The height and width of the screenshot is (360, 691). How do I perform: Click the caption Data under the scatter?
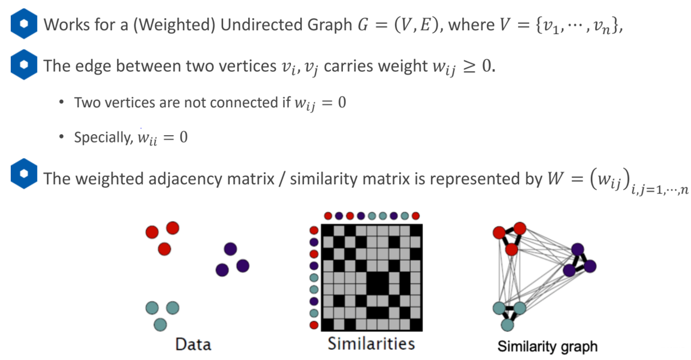pos(193,345)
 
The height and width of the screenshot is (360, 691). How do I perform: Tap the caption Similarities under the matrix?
pos(371,343)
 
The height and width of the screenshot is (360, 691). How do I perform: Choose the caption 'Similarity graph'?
pos(547,346)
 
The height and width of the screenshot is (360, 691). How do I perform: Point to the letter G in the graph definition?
pos(361,26)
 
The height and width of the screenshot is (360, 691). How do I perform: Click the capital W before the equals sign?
pos(553,179)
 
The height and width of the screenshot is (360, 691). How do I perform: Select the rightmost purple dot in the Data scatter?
pos(243,265)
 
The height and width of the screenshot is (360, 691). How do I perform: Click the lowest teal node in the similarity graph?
pos(507,325)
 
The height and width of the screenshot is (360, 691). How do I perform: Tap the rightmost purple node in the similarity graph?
pos(590,265)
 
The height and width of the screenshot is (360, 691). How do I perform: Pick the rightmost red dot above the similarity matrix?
pos(415,216)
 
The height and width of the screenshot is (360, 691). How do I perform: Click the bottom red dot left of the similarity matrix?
pos(314,325)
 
